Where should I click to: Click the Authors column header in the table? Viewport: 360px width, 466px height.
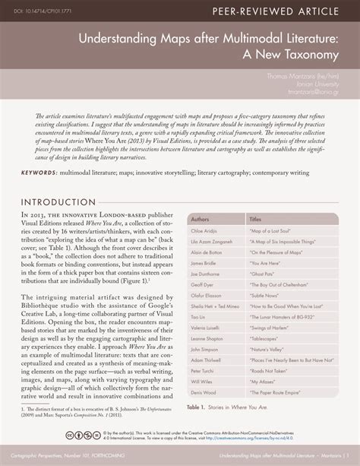coord(201,218)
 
